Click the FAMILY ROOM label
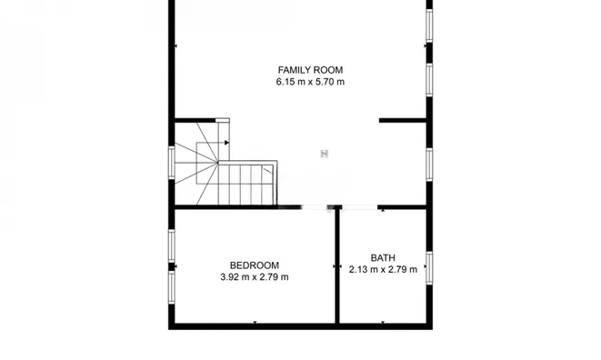(310, 70)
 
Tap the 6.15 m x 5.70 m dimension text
(310, 82)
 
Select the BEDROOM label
(255, 265)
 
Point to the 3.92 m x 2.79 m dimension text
(255, 276)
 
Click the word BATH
(383, 257)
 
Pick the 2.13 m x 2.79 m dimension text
(383, 269)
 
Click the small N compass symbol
(325, 154)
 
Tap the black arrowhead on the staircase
(227, 143)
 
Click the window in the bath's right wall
(429, 268)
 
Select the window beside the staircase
(172, 163)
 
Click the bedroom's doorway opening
(314, 207)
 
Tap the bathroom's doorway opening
(359, 207)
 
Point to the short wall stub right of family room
(403, 120)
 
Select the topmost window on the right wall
(429, 25)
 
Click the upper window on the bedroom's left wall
(172, 245)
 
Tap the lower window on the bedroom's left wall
(172, 287)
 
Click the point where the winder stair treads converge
(217, 163)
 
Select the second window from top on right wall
(429, 80)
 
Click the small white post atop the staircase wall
(223, 120)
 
